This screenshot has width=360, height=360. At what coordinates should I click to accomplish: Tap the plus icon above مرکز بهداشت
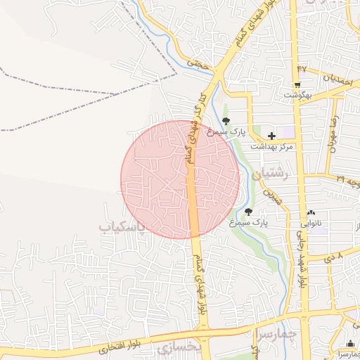coord(271,134)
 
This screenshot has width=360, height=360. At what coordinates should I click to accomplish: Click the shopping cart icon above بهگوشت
coord(297,84)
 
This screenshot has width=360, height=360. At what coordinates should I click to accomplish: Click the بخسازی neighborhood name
coord(179,348)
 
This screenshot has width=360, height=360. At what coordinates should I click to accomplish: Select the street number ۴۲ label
coord(302,68)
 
